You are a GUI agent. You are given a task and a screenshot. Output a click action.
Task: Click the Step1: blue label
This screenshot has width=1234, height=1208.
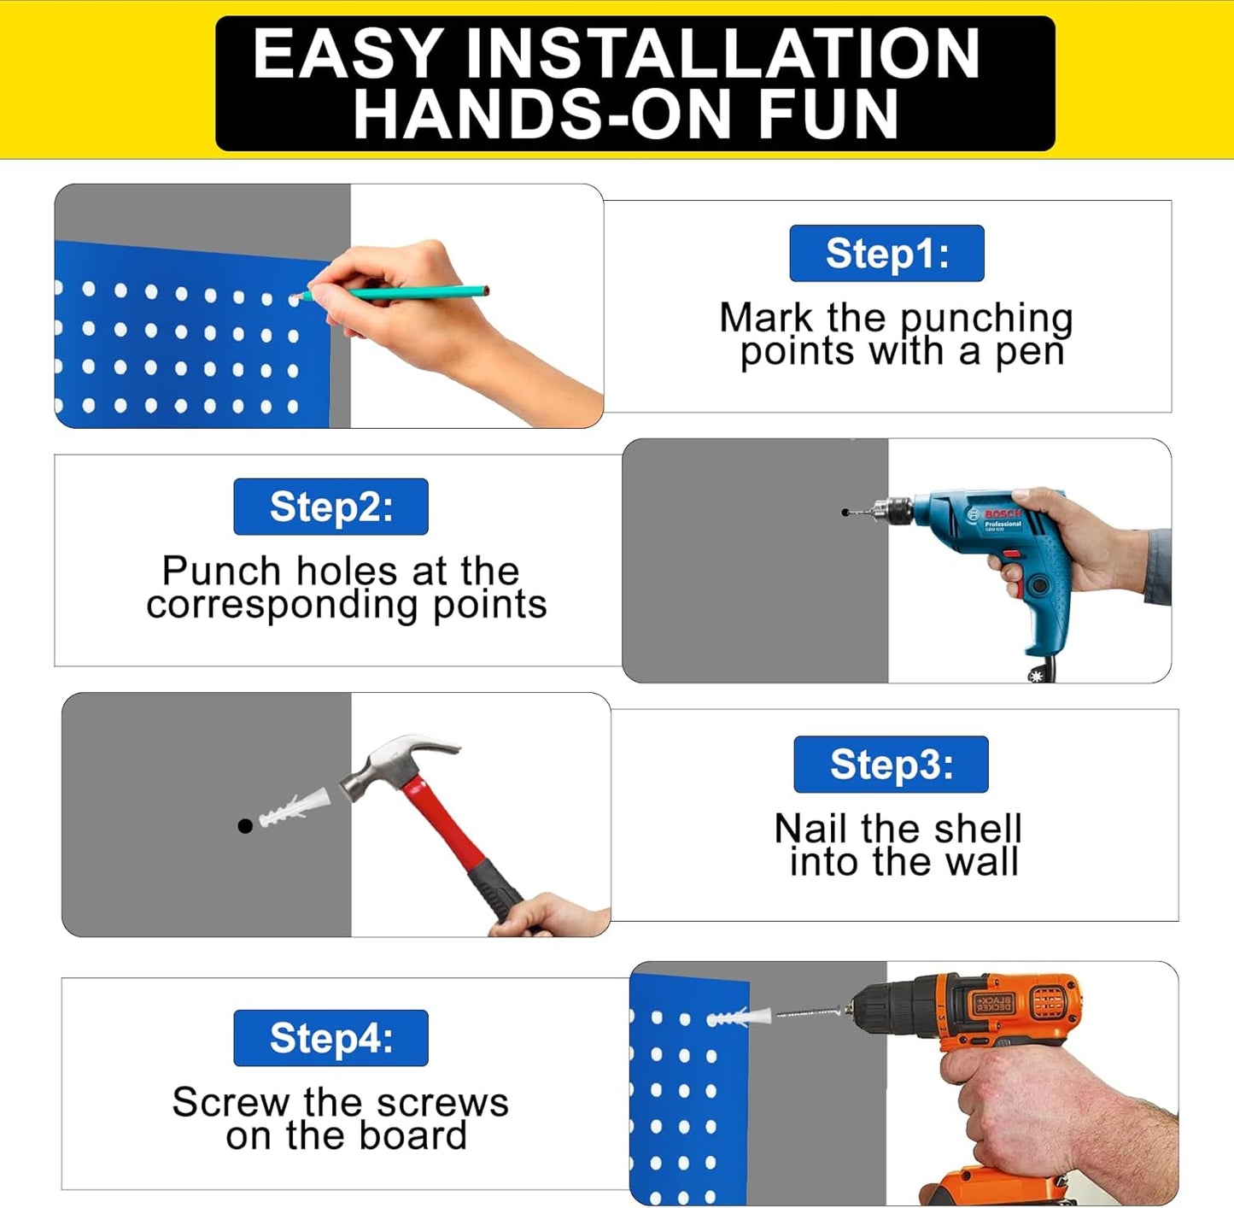(x=886, y=254)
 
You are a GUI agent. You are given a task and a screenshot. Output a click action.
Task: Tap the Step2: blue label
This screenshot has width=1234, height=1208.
(x=330, y=507)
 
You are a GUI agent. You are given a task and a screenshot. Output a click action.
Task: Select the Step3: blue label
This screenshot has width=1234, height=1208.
(x=891, y=765)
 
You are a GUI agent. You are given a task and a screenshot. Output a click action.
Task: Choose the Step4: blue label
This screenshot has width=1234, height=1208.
(x=330, y=1038)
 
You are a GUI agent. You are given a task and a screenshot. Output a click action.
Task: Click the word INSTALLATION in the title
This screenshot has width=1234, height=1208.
(x=722, y=54)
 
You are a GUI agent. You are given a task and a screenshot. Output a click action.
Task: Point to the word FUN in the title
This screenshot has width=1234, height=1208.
(x=828, y=114)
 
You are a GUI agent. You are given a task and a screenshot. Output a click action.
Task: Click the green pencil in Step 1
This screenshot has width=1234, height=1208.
(x=401, y=292)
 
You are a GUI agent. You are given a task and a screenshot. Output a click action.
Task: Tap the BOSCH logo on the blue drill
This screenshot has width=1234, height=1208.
(x=1002, y=514)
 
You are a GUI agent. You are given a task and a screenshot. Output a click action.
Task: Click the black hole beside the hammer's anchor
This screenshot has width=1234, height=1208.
(x=245, y=825)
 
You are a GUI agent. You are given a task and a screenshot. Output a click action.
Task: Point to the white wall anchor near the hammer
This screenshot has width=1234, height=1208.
(x=295, y=808)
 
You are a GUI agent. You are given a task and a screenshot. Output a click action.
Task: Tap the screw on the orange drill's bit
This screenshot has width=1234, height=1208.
(x=811, y=1012)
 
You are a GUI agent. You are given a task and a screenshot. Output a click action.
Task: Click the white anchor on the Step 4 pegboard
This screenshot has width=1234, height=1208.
(x=740, y=1017)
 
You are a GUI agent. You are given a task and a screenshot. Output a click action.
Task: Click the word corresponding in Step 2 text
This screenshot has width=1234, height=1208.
(x=282, y=605)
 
